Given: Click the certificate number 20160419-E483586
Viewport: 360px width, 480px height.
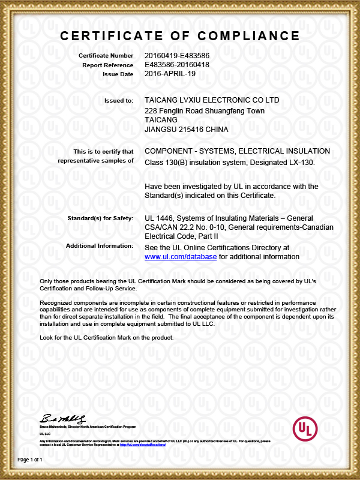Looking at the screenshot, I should pyautogui.click(x=177, y=56).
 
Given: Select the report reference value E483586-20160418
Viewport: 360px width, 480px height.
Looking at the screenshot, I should pyautogui.click(x=177, y=65).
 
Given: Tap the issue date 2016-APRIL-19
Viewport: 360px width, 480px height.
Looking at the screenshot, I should pyautogui.click(x=170, y=74).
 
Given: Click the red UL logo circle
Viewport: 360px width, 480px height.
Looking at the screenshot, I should pyautogui.click(x=304, y=428).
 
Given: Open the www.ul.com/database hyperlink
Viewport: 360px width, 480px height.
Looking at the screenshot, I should pyautogui.click(x=181, y=257).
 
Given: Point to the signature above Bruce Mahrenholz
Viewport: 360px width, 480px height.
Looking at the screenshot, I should pyautogui.click(x=63, y=418).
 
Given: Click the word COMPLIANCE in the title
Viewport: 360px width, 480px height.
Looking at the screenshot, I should pyautogui.click(x=248, y=35).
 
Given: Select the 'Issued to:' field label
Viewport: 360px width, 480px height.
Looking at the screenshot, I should pyautogui.click(x=119, y=101).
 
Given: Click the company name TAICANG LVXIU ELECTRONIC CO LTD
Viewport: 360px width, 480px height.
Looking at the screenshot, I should pyautogui.click(x=212, y=100).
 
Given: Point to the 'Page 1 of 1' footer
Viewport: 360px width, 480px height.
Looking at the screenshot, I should pyautogui.click(x=30, y=460).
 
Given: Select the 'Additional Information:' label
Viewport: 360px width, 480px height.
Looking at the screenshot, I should pyautogui.click(x=100, y=245).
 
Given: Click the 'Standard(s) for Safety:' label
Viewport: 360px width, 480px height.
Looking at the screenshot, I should pyautogui.click(x=100, y=218).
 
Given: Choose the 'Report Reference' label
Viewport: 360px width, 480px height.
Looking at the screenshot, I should pyautogui.click(x=107, y=65).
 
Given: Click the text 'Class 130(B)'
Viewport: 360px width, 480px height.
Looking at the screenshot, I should pyautogui.click(x=166, y=163).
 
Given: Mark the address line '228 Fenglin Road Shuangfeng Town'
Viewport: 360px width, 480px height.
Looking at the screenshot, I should pyautogui.click(x=205, y=111).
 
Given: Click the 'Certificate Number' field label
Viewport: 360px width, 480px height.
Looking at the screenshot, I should pyautogui.click(x=106, y=56).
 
